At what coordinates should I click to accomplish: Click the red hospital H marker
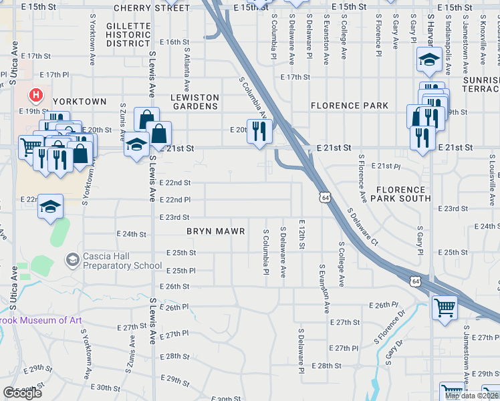click(37, 96)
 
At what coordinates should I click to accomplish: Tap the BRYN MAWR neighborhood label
click(215, 231)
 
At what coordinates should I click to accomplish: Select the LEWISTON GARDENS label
click(195, 102)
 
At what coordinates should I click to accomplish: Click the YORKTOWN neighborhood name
click(80, 102)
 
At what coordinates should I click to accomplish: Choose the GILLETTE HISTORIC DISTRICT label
click(128, 34)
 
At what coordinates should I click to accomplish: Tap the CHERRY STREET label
click(152, 8)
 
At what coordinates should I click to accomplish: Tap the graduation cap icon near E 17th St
click(428, 60)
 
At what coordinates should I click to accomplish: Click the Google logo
click(23, 393)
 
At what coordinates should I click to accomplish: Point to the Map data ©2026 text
click(471, 396)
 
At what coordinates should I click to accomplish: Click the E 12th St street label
click(302, 235)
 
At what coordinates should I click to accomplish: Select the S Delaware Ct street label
click(363, 226)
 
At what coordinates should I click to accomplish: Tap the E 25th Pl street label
click(181, 271)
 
